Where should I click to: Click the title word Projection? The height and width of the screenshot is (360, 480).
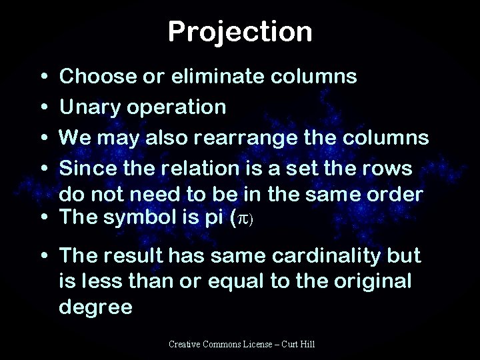(x=239, y=31)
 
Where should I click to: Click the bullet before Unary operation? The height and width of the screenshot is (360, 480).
(x=43, y=107)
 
